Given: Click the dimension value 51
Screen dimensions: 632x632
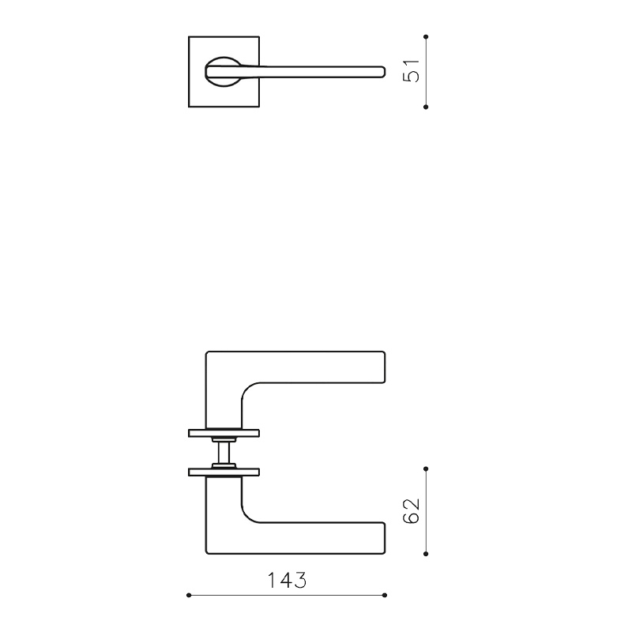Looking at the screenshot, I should coord(410,71).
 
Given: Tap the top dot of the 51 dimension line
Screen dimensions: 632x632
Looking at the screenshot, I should coord(426,36).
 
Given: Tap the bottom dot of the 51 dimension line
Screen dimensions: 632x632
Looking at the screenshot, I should coord(426,106).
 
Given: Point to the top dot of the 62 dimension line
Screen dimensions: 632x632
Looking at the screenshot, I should coord(426,468).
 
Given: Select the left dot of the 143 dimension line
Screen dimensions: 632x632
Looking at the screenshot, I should coord(188,594).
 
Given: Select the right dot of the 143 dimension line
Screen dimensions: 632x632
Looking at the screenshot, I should coord(385,594).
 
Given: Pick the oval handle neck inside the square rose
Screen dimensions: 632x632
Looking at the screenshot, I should coord(224,71).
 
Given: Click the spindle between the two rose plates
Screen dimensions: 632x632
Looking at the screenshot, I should coord(224,453).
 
